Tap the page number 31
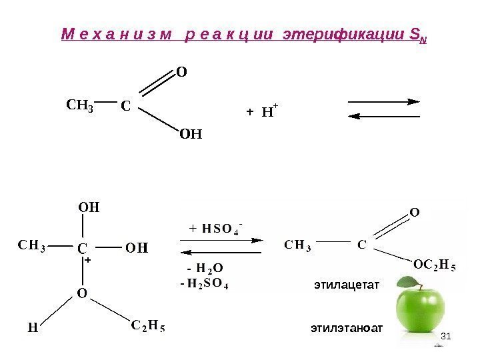[447, 341]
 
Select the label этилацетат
[346, 285]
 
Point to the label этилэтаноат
[347, 328]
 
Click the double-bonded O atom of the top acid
[181, 71]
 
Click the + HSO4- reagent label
[215, 230]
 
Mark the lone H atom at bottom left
[31, 328]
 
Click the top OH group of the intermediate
[89, 207]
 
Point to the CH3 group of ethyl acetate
[298, 245]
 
